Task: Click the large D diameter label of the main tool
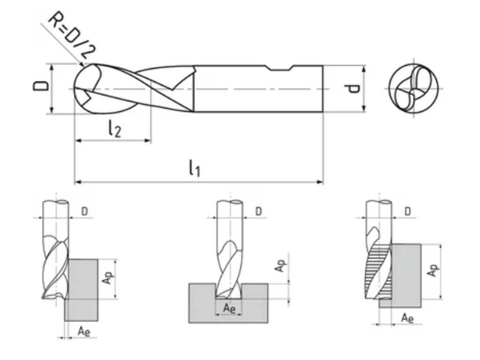click(41, 87)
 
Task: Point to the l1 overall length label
click(195, 168)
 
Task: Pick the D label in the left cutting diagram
click(84, 211)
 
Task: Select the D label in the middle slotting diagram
click(259, 211)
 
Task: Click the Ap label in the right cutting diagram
click(434, 270)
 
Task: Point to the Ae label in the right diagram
click(407, 319)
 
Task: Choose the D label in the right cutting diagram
click(408, 211)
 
